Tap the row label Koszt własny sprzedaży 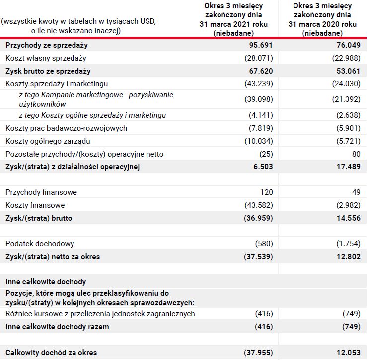pos(46,58)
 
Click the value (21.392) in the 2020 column pos(346,99)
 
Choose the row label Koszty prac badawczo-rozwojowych pos(67,128)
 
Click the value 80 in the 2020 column pos(356,154)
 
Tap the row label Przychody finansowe pos(41,192)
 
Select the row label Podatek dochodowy pos(40,244)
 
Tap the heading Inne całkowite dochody pos(46,282)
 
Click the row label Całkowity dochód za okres pos(51,353)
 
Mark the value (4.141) pos(261,115)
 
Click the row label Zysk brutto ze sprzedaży pos(48,71)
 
